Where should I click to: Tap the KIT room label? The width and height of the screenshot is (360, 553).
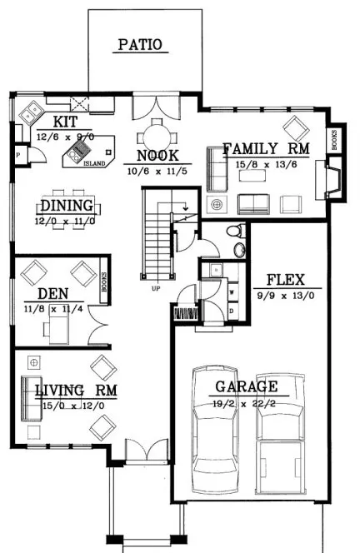[55, 120]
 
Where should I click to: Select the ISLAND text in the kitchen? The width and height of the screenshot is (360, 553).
[94, 164]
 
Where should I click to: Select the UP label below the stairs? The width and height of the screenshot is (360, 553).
[156, 290]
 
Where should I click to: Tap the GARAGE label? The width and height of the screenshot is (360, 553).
[246, 386]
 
